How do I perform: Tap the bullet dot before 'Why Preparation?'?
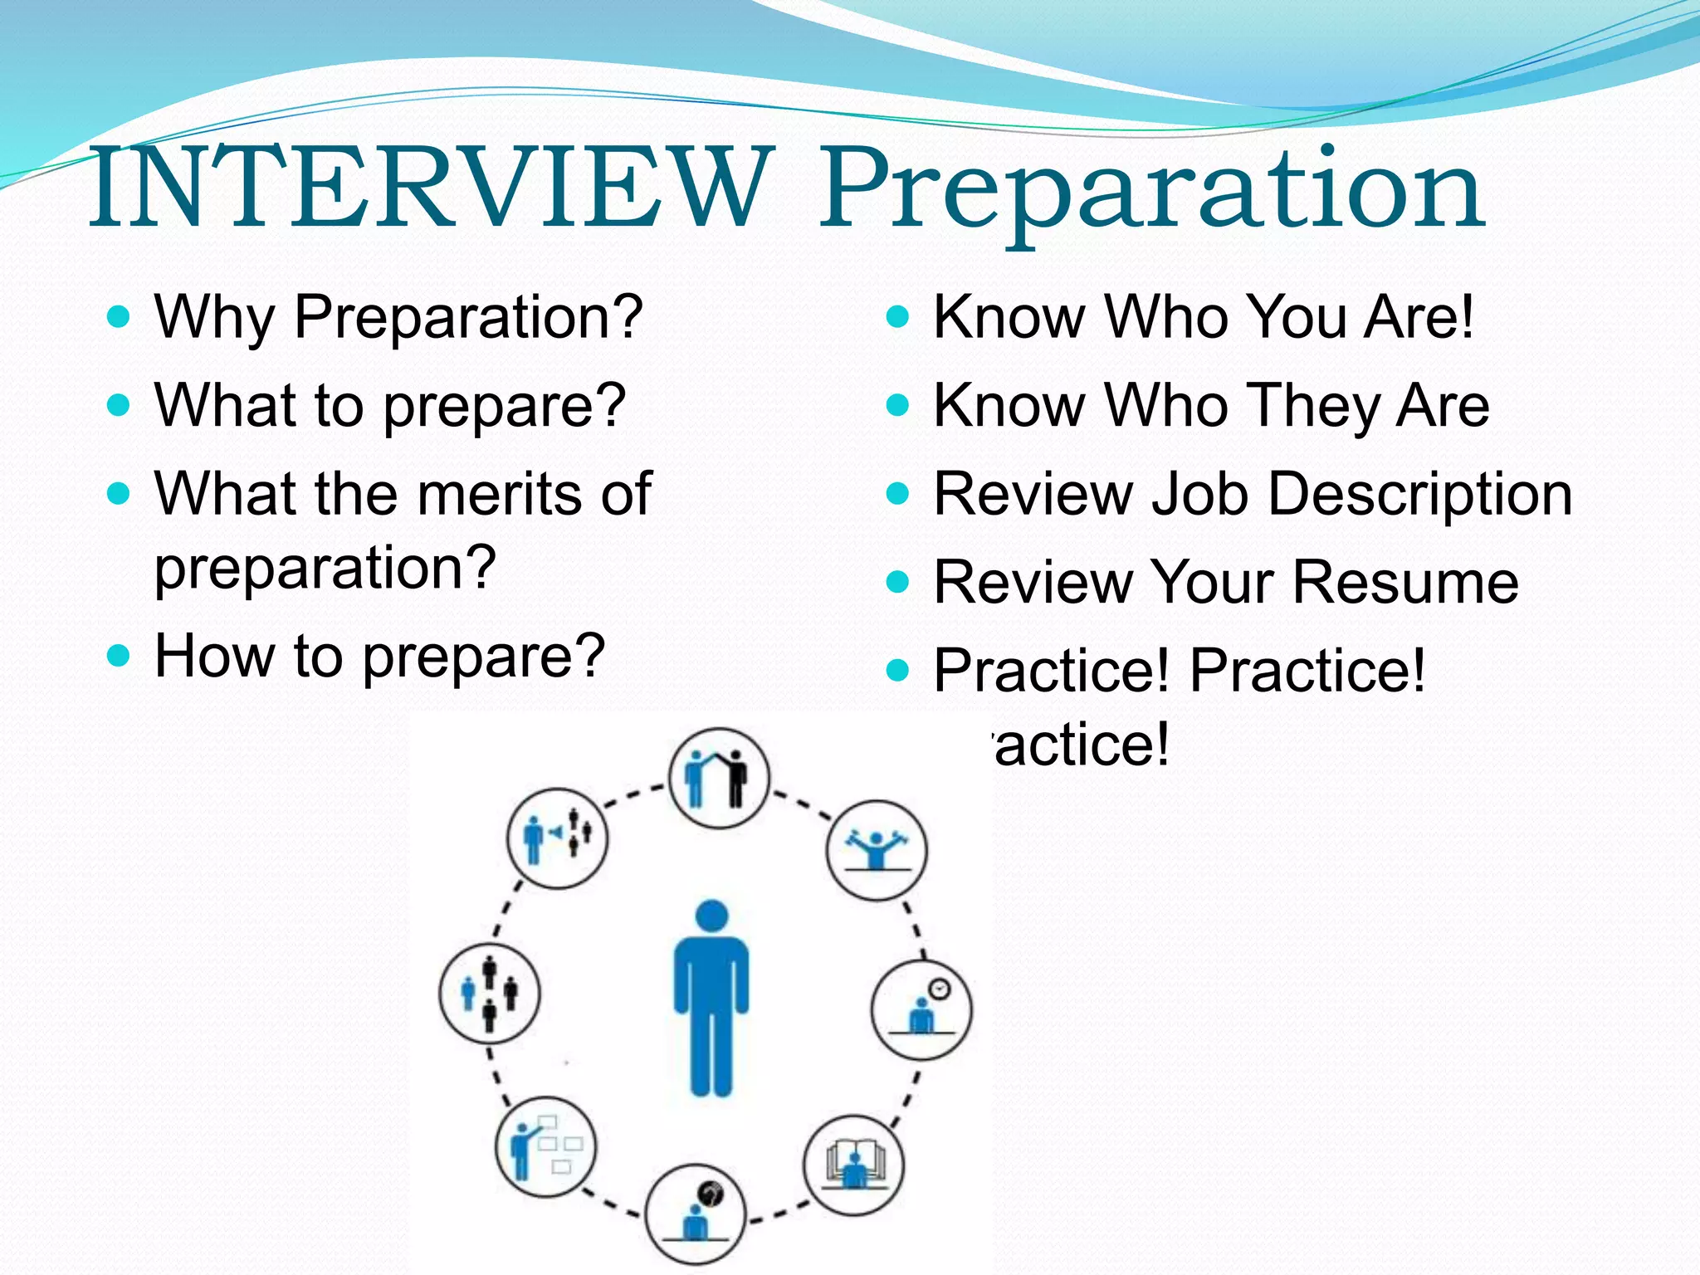click(x=120, y=316)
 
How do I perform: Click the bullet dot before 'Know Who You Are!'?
click(x=898, y=316)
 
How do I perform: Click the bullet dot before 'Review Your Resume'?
click(x=898, y=582)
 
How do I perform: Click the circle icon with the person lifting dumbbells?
click(x=877, y=850)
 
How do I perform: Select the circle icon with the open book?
click(x=854, y=1165)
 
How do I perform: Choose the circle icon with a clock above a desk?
click(x=921, y=1009)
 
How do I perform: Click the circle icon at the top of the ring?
click(x=719, y=779)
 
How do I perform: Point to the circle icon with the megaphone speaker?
click(x=557, y=838)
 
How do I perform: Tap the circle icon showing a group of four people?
click(x=489, y=993)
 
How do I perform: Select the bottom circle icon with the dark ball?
click(x=696, y=1214)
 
